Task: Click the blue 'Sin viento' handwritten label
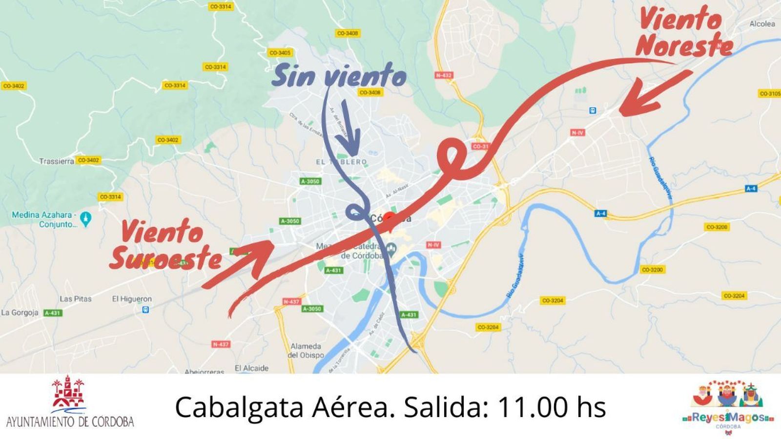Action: (x=338, y=77)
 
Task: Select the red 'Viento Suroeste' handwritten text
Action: (x=164, y=245)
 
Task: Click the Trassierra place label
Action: (x=57, y=161)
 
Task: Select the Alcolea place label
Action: (x=762, y=23)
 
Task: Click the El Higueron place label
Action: (x=132, y=299)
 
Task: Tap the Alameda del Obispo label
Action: (x=306, y=351)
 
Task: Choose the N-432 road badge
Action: (x=444, y=75)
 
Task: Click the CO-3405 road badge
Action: (x=280, y=53)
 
